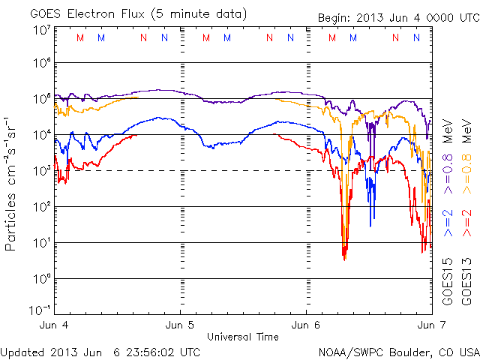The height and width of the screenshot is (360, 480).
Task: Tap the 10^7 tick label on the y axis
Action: point(41,30)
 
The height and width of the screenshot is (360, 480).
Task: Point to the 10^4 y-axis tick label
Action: point(41,134)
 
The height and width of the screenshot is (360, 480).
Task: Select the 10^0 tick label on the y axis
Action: point(41,278)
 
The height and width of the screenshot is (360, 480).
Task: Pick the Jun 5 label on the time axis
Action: point(180,327)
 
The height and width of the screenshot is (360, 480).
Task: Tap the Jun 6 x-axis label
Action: point(306,327)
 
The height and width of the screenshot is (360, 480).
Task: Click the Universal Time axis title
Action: point(242,337)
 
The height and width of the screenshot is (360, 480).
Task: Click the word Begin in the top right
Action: point(333,16)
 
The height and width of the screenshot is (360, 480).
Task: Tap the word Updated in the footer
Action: point(22,351)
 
